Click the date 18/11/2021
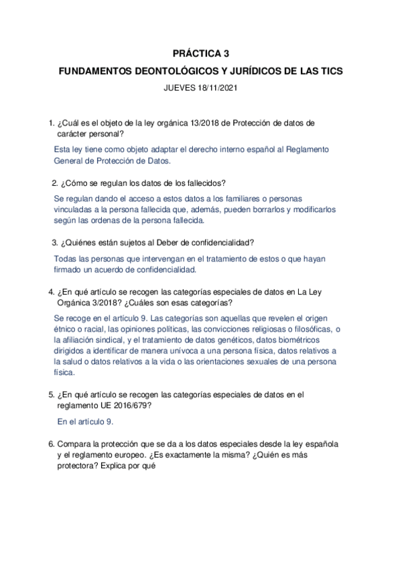click(x=217, y=88)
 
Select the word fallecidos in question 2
click(x=204, y=183)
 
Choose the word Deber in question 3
click(x=160, y=242)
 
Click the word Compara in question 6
click(x=75, y=444)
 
